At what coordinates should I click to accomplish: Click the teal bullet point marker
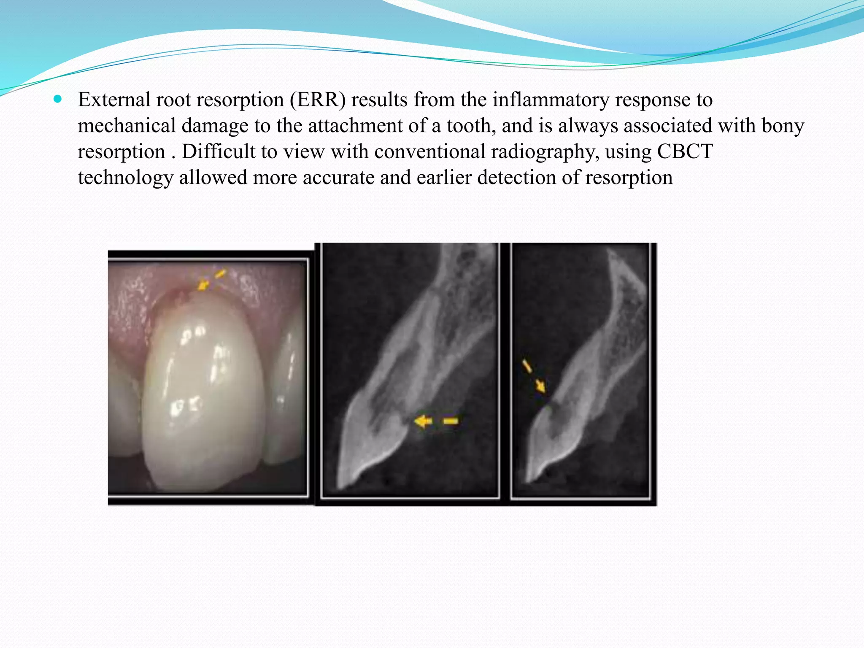[58, 100]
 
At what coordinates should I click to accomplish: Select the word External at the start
[114, 100]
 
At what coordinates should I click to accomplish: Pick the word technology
[125, 178]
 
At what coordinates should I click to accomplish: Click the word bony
[783, 126]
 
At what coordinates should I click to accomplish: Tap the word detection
[516, 178]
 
